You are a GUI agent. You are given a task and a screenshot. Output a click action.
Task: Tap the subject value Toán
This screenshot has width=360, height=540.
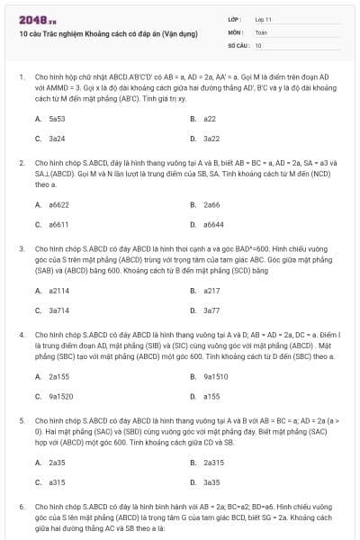click(x=261, y=31)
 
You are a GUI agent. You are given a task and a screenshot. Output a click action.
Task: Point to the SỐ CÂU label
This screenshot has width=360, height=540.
click(x=238, y=44)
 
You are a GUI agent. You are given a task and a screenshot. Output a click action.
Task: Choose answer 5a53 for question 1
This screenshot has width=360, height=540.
click(x=56, y=118)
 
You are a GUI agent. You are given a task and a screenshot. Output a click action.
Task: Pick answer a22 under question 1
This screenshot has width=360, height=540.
click(x=210, y=118)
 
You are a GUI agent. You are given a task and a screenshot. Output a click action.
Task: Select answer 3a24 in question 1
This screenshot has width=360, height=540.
click(x=56, y=138)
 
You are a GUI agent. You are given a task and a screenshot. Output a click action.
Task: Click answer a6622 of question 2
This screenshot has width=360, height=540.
click(x=58, y=204)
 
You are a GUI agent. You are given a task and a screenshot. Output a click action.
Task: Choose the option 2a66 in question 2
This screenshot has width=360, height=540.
click(x=211, y=204)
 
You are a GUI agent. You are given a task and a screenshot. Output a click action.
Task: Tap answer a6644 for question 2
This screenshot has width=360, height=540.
click(x=213, y=224)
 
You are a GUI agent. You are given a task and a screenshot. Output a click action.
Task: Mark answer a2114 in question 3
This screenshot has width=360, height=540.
click(x=58, y=291)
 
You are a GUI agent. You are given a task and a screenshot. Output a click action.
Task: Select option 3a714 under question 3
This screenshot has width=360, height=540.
click(x=58, y=310)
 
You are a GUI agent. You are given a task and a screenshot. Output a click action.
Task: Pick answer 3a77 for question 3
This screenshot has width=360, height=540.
click(x=211, y=310)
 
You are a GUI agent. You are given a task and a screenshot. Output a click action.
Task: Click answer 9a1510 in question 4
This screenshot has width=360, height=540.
click(x=214, y=376)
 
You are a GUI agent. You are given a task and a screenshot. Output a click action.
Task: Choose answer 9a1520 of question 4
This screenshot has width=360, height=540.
click(x=59, y=396)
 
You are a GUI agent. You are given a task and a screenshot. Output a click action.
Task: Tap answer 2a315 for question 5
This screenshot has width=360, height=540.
click(x=213, y=463)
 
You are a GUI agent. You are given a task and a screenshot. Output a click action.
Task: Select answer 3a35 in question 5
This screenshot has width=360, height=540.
click(x=211, y=482)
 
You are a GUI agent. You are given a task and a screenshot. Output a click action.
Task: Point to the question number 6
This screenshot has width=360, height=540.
click(x=21, y=508)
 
